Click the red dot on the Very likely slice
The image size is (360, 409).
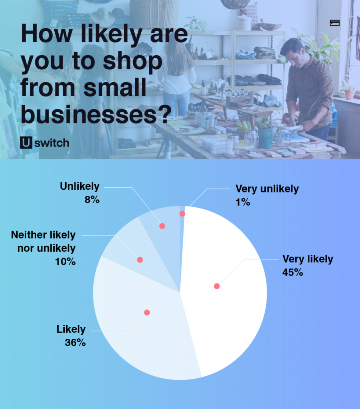point(217,286)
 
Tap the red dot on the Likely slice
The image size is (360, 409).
point(147,312)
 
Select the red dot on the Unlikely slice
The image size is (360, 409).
point(162,226)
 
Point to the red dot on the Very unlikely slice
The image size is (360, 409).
point(182,214)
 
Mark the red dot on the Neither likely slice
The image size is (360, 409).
point(140,260)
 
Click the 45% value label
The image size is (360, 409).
point(293,272)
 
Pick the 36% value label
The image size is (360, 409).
point(75,342)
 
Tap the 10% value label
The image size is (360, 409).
point(65,262)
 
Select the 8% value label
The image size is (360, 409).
point(91,199)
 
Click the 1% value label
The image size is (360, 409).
point(242,202)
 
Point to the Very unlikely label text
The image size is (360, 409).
point(267,189)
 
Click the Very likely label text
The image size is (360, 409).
point(308,259)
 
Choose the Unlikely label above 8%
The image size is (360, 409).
point(79,186)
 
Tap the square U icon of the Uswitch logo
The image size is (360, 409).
point(26,143)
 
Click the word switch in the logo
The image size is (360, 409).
point(51,143)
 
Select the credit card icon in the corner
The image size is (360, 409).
point(334,23)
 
